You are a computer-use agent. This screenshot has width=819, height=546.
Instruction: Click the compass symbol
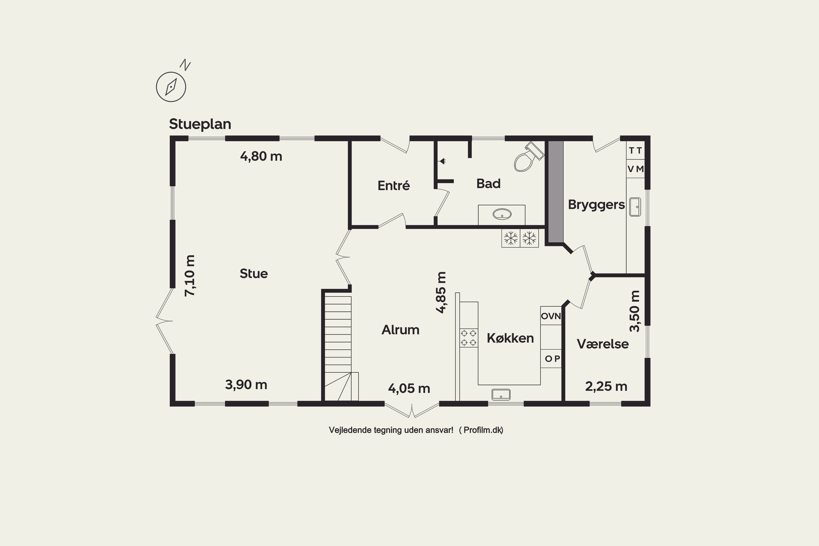tap(171, 87)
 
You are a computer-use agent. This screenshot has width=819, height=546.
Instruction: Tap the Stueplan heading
tap(200, 124)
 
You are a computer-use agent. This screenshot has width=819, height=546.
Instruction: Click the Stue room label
tap(254, 274)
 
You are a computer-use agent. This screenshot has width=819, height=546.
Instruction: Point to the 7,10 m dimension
tap(190, 275)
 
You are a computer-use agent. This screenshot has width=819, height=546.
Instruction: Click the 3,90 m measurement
tap(246, 385)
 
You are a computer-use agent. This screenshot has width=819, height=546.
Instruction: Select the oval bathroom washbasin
tap(502, 214)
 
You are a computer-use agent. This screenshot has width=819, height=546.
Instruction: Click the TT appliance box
tap(636, 150)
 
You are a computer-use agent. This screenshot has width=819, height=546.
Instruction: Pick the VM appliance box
tap(636, 169)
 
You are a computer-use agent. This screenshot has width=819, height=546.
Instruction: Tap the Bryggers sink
tap(635, 207)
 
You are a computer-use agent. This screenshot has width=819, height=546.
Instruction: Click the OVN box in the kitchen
tap(551, 316)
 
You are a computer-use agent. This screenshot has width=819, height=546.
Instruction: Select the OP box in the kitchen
tap(551, 358)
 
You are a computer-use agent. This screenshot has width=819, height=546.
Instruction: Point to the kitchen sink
tap(501, 394)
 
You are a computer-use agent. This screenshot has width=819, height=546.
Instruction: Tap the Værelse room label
tap(603, 344)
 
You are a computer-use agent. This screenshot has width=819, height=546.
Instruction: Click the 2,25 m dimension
tap(606, 387)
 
